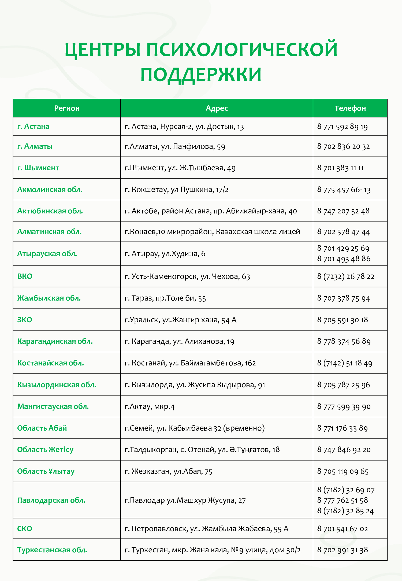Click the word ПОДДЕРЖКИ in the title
coord(201,75)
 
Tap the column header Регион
coord(67,108)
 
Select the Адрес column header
coord(217,108)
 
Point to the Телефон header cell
coord(350,108)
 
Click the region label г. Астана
coord(33,127)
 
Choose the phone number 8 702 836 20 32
coord(343,146)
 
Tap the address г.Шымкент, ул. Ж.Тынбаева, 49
coord(180,168)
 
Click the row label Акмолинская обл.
coord(50,190)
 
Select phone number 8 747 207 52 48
coord(343,211)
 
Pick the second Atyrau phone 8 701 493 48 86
coord(344,259)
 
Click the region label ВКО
coord(25,276)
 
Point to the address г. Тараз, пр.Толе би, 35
coord(165,298)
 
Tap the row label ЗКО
coord(25,320)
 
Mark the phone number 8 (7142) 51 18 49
coord(345,363)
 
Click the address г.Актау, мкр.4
coord(150,407)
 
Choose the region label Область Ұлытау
coord(46,471)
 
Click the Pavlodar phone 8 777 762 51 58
coord(343,500)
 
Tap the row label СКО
coord(25,529)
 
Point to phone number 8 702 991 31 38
coord(343,550)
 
